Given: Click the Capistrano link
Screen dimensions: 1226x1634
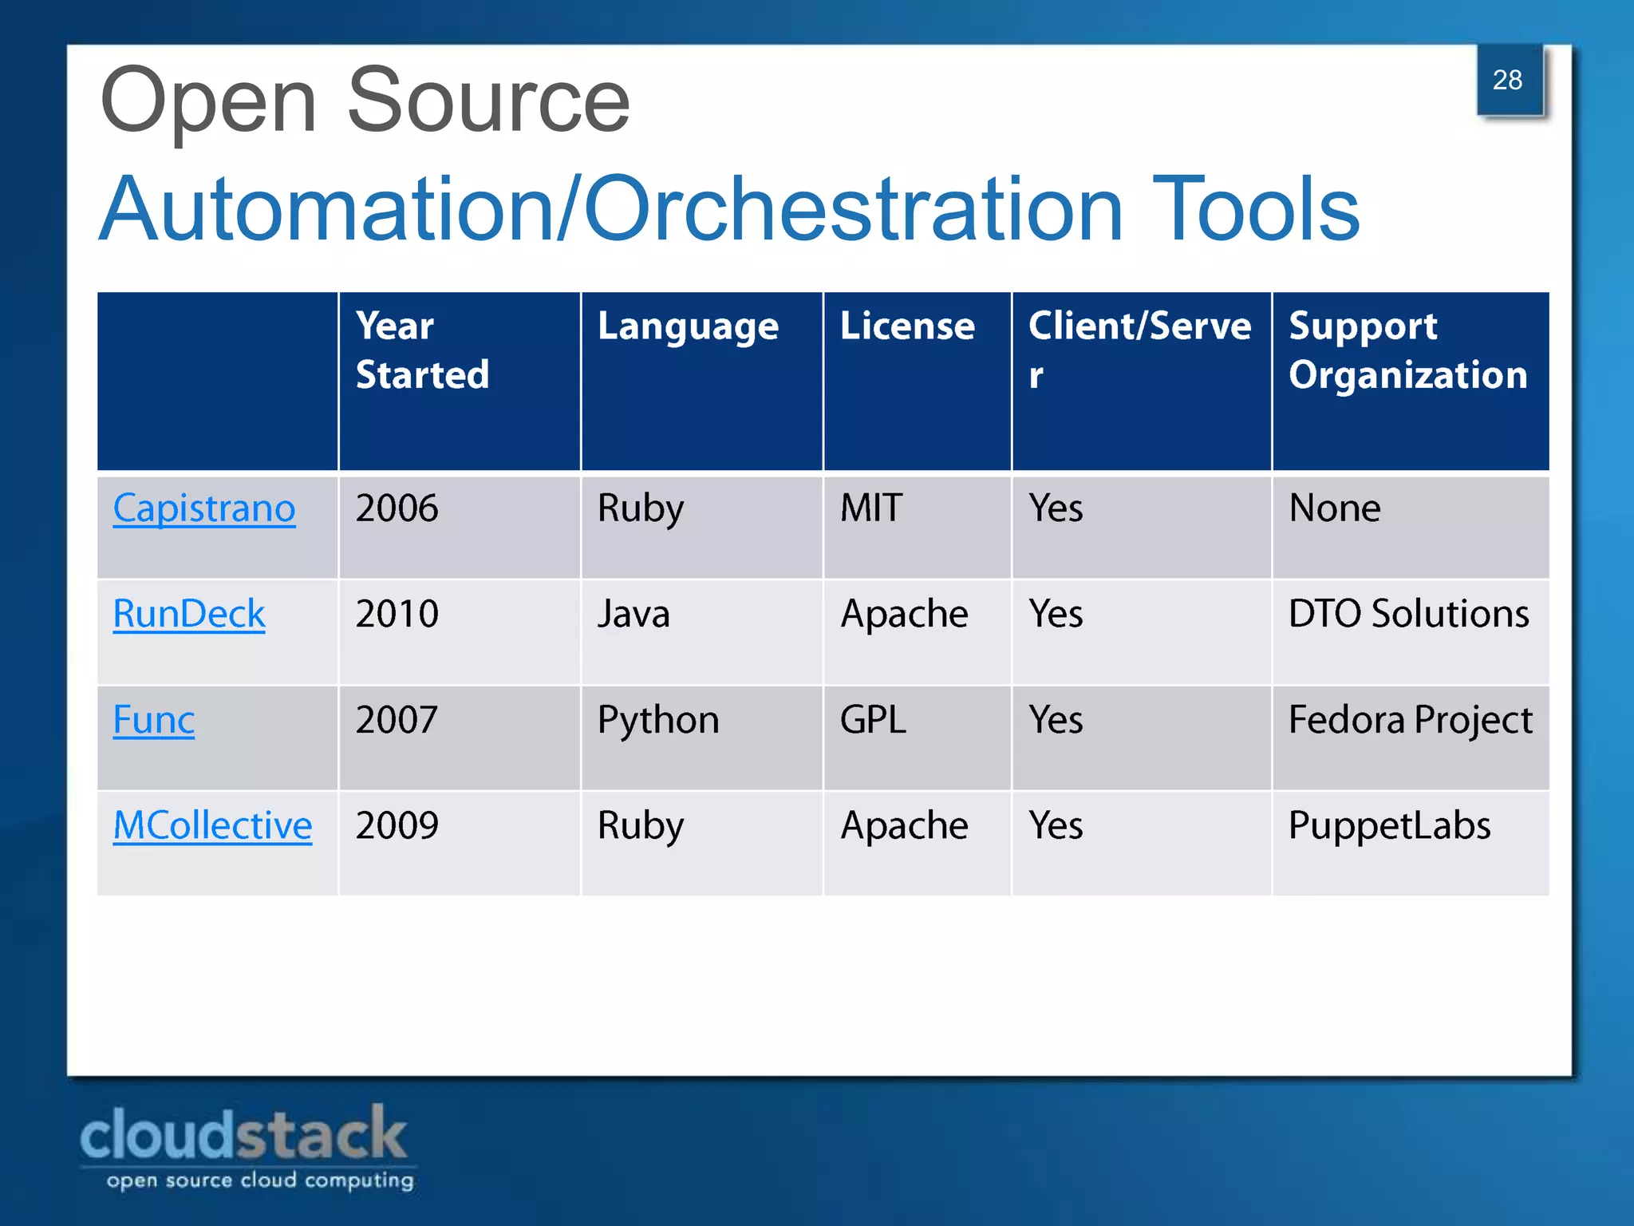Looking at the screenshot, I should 204,508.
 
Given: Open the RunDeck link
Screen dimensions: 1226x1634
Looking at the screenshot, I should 189,614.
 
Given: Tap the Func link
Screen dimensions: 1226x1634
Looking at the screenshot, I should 154,720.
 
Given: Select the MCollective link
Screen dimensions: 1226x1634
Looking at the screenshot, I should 212,825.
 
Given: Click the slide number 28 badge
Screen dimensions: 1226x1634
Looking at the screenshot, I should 1508,80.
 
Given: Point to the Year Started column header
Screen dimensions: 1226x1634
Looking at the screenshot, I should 422,350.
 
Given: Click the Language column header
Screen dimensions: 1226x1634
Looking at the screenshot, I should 688,327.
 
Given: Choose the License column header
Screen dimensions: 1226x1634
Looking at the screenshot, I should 907,326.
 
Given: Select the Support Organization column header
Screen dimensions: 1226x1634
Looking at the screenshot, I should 1407,350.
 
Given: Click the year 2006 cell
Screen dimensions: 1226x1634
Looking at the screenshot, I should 397,508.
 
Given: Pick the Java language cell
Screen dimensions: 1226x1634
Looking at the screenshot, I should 633,615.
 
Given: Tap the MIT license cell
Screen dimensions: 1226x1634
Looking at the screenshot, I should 871,508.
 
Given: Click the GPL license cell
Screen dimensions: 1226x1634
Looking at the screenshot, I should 873,720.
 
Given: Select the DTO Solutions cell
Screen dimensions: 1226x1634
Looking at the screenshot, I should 1408,615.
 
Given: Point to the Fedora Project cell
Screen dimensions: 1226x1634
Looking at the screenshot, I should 1410,720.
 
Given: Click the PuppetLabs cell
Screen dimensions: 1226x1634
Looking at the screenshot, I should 1389,825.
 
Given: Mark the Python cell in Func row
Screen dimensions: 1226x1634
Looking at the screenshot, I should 658,721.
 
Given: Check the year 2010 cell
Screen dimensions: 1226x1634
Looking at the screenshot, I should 397,615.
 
